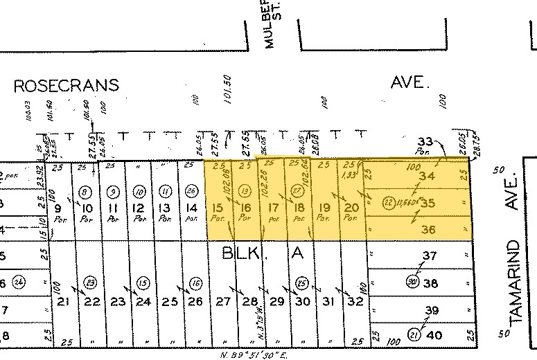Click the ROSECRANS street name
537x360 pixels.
[x=67, y=86]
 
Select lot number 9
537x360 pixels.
[x=58, y=207]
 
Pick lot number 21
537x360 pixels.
[x=63, y=301]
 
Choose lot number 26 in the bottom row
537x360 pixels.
[x=195, y=301]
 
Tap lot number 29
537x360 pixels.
[x=276, y=301]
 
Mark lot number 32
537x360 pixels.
[x=355, y=301]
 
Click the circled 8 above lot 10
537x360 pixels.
[x=85, y=191]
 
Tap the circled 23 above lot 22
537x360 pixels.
[x=90, y=282]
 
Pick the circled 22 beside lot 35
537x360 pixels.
[x=389, y=203]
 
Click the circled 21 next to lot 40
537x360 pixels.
[x=415, y=334]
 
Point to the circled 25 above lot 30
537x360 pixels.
[x=301, y=282]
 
